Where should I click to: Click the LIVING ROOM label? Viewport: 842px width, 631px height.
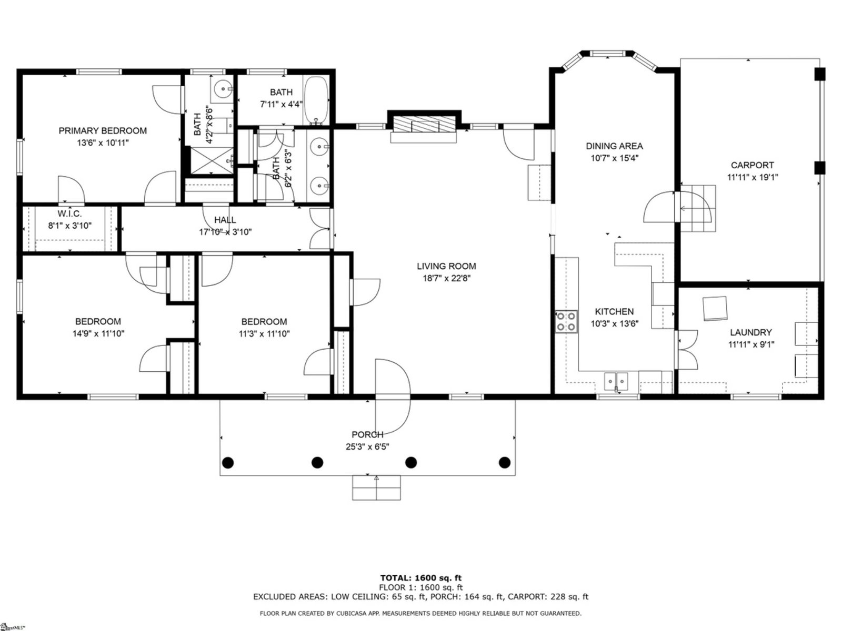(446, 266)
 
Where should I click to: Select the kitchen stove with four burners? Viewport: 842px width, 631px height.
(566, 322)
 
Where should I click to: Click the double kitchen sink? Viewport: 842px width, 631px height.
(616, 381)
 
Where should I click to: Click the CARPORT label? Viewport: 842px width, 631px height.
(752, 165)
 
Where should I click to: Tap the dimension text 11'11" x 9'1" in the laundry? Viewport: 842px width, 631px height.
(751, 344)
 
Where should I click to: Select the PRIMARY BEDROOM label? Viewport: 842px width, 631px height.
(103, 130)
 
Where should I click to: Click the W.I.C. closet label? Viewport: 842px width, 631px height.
(69, 213)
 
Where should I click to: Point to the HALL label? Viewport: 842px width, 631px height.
(225, 219)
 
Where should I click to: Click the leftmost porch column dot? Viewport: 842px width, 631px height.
(228, 462)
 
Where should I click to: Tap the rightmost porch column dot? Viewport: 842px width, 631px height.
(504, 462)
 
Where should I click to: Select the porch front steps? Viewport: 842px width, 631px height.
(376, 488)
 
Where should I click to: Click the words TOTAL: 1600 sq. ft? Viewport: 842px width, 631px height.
(421, 578)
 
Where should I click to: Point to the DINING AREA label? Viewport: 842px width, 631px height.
(614, 146)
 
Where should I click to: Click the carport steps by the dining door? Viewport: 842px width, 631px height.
(697, 208)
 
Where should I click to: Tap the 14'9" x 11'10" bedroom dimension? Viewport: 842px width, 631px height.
(98, 333)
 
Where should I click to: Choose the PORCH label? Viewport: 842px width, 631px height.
(367, 434)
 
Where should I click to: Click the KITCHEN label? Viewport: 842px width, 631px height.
(614, 311)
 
